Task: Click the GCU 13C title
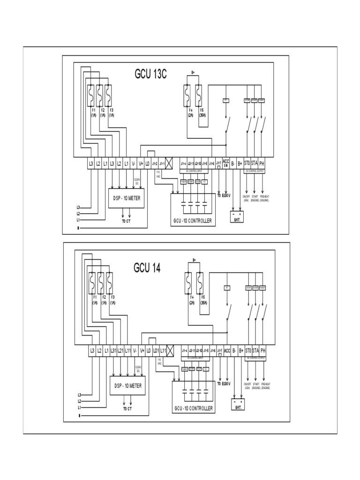(150, 75)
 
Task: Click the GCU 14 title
(147, 268)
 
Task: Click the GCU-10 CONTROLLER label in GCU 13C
(193, 220)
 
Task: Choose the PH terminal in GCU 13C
(262, 163)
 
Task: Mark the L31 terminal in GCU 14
(114, 350)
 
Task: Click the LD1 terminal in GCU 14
(156, 350)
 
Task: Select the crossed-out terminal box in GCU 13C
(170, 163)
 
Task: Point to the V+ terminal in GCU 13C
(141, 163)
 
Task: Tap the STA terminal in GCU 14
(255, 350)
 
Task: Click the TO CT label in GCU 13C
(127, 221)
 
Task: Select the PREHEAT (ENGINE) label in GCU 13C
(265, 198)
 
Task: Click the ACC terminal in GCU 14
(226, 350)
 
